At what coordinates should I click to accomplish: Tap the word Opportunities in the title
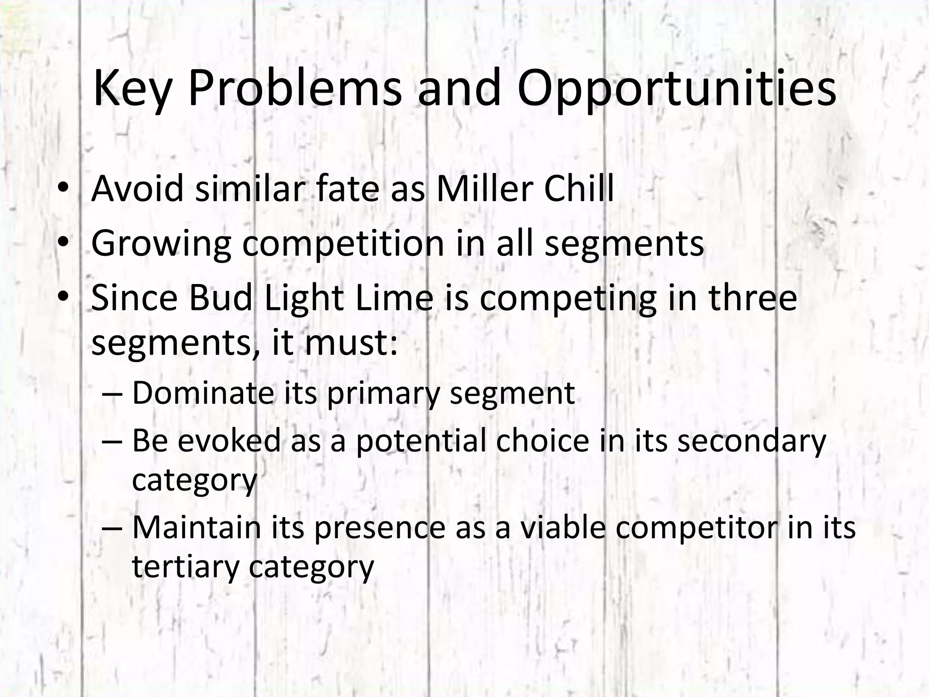676,88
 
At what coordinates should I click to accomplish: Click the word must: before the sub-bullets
351,343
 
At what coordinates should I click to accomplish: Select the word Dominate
203,393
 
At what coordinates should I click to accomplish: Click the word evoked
229,440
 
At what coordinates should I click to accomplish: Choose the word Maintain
196,527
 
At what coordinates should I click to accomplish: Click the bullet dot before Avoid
63,188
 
